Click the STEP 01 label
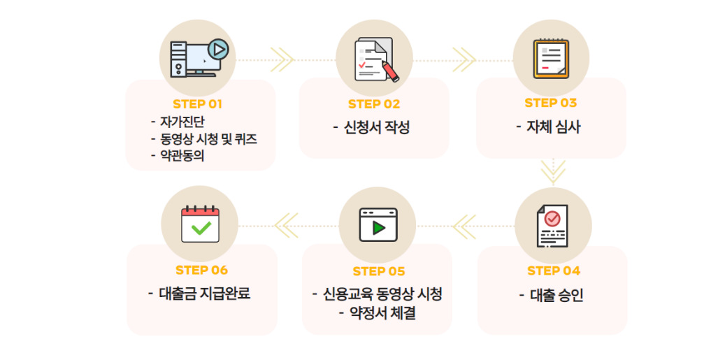coord(197,104)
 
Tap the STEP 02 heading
coord(374,104)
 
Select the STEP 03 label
coord(551,103)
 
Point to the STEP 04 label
coord(554,271)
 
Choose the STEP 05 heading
coord(379,271)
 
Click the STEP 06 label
coord(201,270)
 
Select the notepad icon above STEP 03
coord(551,58)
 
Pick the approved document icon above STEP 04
coord(552,225)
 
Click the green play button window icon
coord(378,225)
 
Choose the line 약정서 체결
coord(383,312)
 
